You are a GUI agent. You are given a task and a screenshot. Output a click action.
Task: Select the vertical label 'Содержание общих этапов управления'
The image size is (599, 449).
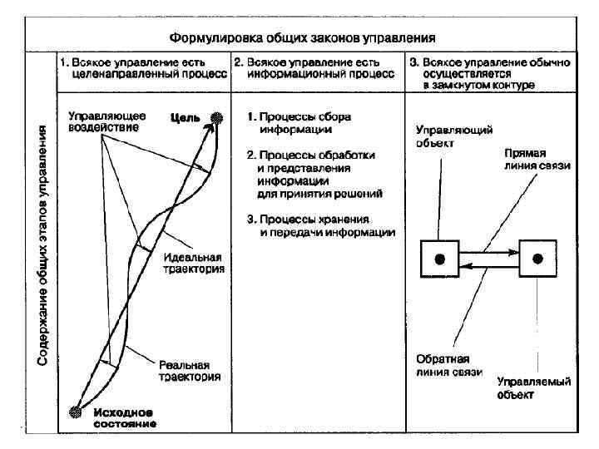[42, 244]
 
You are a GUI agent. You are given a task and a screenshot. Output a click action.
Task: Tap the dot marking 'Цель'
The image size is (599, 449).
[216, 118]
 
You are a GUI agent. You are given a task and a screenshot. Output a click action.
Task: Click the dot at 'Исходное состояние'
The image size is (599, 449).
[77, 411]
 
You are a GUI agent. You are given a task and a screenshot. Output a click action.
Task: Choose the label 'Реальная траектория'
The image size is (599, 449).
[190, 371]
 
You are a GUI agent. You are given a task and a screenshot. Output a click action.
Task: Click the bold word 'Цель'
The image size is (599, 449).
[186, 118]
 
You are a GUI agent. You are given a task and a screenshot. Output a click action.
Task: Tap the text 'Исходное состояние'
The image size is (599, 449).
[125, 417]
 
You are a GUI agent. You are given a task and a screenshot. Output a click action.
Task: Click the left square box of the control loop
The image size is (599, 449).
[440, 259]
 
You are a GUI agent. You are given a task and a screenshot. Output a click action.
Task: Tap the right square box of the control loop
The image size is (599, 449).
[537, 259]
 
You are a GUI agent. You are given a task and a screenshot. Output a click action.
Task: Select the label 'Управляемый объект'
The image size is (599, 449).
[532, 388]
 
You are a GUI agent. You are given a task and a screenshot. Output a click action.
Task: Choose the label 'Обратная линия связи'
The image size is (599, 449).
[449, 367]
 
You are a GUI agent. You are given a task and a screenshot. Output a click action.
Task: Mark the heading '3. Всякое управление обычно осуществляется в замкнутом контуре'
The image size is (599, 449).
[488, 73]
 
